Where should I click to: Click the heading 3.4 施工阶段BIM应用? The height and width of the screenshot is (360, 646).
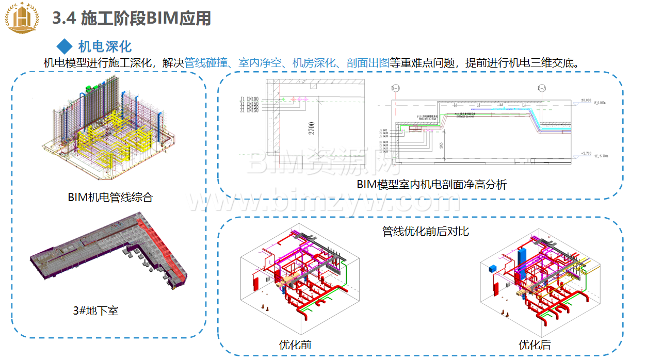[132, 19]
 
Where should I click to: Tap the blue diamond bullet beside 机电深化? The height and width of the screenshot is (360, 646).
[64, 46]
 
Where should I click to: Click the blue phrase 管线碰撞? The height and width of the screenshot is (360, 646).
[206, 63]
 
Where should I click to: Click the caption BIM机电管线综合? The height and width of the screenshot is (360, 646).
[110, 197]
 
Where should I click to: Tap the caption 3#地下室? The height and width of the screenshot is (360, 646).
[95, 310]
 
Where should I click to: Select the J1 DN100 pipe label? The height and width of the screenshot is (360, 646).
[249, 99]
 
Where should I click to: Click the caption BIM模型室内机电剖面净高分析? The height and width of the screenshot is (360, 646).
[431, 184]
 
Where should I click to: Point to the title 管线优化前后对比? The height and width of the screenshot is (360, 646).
[426, 231]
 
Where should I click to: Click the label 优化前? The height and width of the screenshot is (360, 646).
[295, 344]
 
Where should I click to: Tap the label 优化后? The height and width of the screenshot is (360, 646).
[535, 344]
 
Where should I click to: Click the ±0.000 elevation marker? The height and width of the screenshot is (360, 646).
[586, 101]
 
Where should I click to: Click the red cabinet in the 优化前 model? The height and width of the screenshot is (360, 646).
[254, 283]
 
